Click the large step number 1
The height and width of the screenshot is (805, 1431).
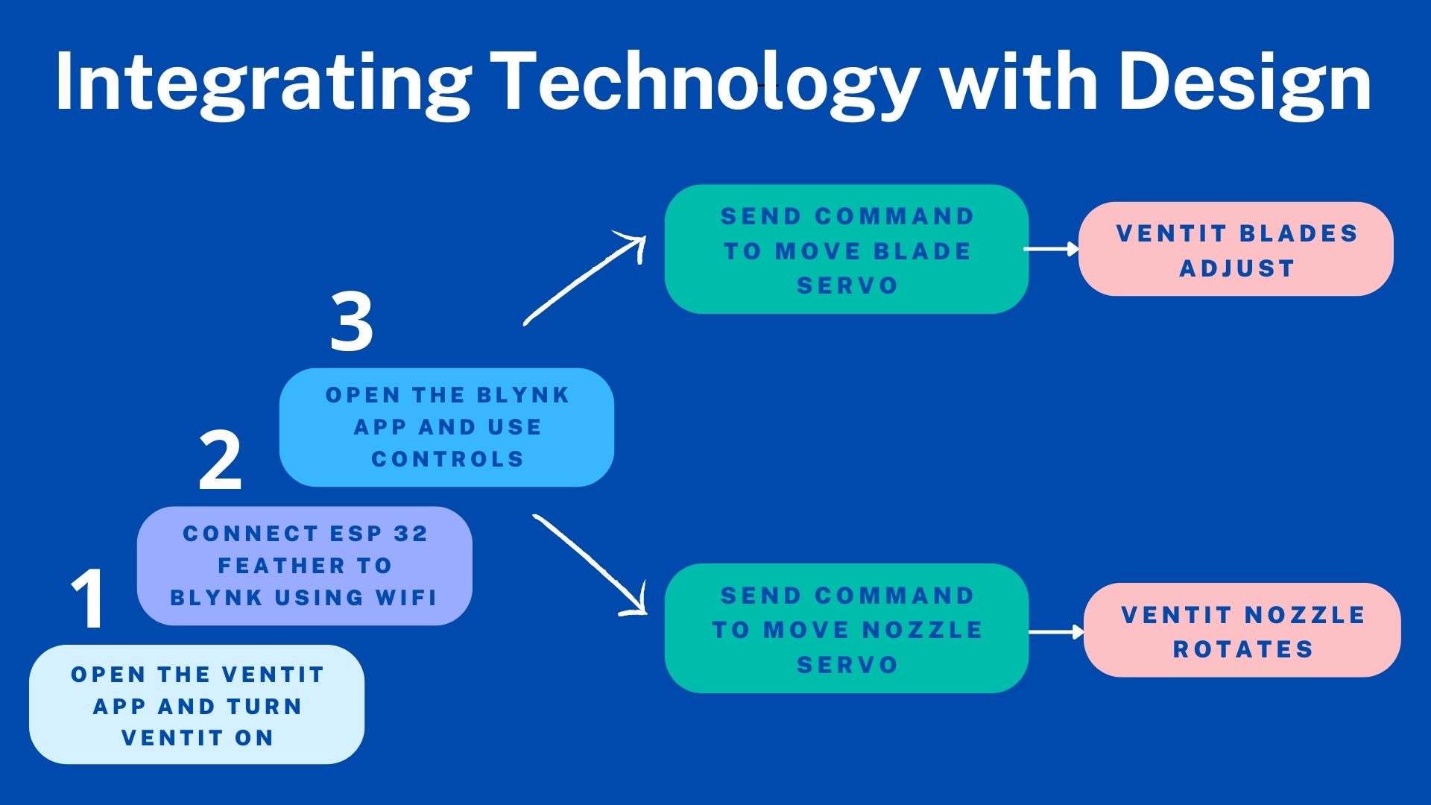[x=89, y=599]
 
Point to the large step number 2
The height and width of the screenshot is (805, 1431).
[x=220, y=462]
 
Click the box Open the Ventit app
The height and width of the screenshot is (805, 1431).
[x=197, y=704]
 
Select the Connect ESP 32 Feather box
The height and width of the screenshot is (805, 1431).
[x=304, y=566]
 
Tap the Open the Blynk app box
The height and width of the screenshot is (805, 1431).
[x=446, y=427]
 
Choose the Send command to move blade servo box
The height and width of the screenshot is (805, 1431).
[x=847, y=250]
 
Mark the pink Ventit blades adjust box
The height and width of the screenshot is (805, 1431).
[x=1236, y=249]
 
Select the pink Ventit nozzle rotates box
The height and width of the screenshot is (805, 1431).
[x=1242, y=631]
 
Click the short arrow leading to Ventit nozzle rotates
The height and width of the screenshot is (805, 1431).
[x=1056, y=632]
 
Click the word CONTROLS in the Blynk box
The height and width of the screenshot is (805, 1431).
[x=448, y=459]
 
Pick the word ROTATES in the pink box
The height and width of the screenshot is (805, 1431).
[x=1242, y=649]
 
